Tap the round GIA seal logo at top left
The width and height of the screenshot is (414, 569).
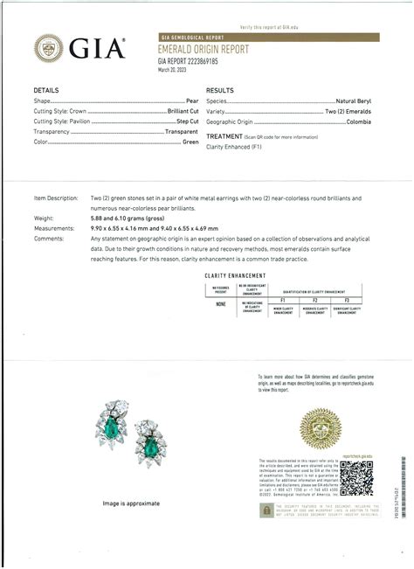coord(48,49)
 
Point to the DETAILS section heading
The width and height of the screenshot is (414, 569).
coord(46,91)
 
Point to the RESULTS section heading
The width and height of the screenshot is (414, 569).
coord(220,91)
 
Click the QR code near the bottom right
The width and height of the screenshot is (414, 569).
coord(355,477)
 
